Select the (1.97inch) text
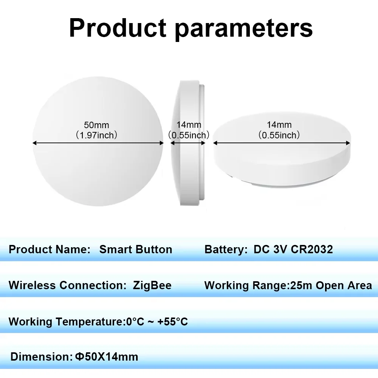coord(96,135)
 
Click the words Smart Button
coord(136,249)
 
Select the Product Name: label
coord(50,249)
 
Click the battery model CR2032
coord(312,249)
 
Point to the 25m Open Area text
coord(331,285)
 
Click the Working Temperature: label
coord(66,322)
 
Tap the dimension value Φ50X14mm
coord(107,356)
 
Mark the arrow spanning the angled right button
coord(282,143)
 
